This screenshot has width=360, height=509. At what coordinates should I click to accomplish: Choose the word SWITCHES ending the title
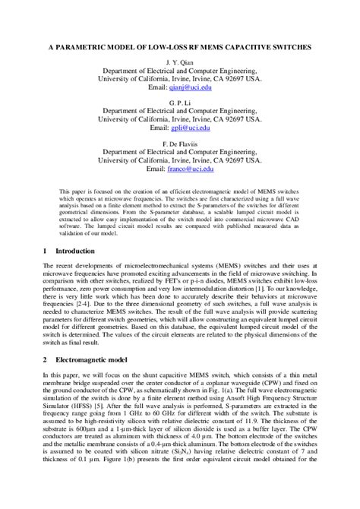click(289, 46)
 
